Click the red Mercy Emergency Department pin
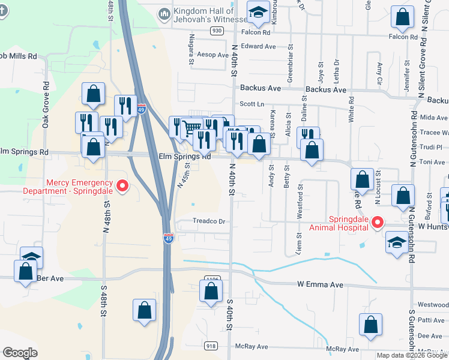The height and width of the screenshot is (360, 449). pos(122,186)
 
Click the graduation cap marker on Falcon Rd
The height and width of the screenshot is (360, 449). pos(258,13)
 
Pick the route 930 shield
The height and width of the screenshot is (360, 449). pos(217,30)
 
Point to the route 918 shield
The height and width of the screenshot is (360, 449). pos(211,346)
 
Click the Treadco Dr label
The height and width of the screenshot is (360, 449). pos(209,221)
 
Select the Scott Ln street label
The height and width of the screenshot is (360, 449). pos(252,104)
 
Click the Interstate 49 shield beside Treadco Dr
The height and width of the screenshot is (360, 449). pos(169,238)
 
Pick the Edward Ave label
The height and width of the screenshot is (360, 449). pos(258,46)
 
